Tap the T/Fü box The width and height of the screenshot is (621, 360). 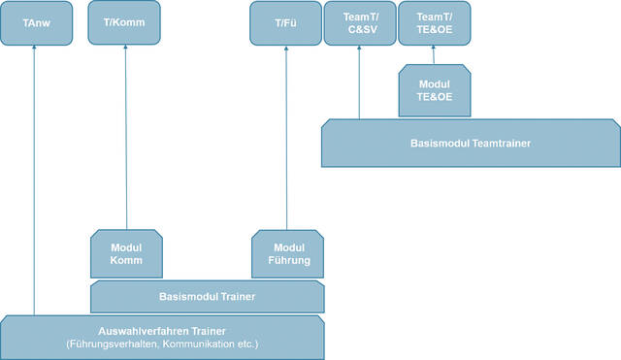tap(285, 23)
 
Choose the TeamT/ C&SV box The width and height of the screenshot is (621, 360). tap(359, 23)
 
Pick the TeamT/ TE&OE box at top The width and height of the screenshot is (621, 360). tap(433, 23)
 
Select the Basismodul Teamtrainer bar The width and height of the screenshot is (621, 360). tap(470, 143)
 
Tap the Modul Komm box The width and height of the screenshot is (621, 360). tap(126, 253)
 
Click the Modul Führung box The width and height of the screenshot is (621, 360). tap(287, 253)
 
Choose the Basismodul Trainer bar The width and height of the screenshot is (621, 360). tap(207, 296)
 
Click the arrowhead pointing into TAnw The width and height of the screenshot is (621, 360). tap(35, 50)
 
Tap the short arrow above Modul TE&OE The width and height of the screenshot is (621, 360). tap(433, 55)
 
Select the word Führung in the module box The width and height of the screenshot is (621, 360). tap(287, 260)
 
